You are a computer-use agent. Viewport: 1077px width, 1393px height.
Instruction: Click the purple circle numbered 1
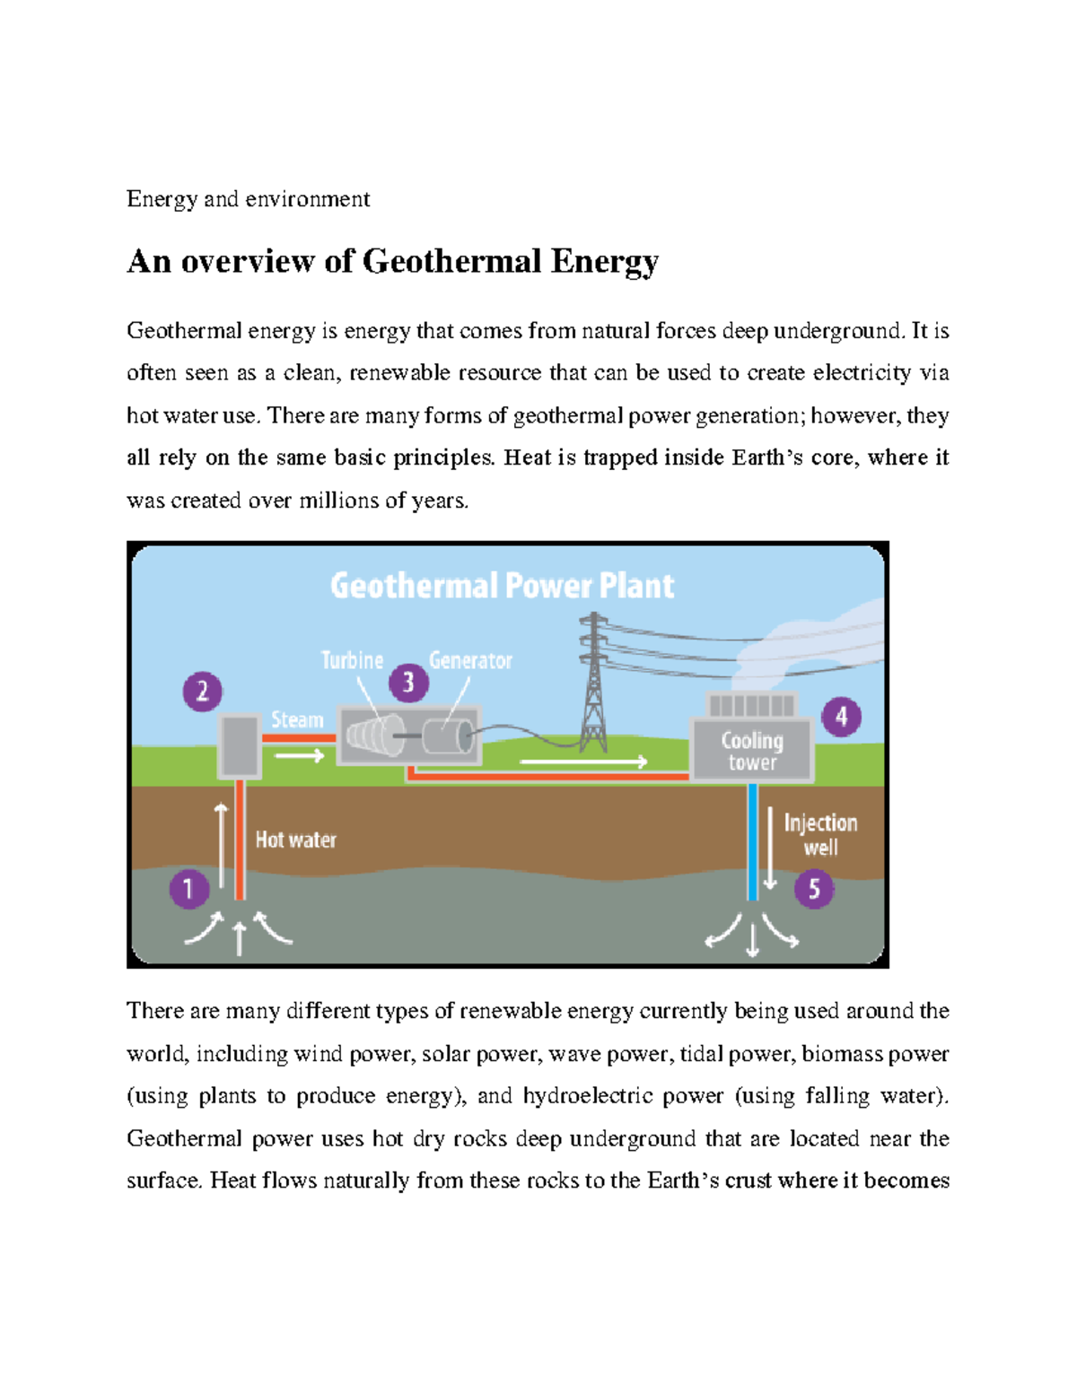click(x=188, y=889)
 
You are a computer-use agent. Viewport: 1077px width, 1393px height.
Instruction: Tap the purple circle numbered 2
click(x=203, y=692)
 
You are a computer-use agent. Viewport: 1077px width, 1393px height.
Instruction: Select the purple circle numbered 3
click(x=408, y=683)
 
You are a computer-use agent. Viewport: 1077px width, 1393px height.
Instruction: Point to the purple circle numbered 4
click(x=841, y=717)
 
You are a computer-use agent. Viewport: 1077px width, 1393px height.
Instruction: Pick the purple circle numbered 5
click(x=814, y=889)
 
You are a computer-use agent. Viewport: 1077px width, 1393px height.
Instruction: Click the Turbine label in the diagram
click(x=352, y=660)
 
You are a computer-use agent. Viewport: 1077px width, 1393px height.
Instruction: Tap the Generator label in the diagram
click(x=470, y=661)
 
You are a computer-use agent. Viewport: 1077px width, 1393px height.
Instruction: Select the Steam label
click(x=297, y=720)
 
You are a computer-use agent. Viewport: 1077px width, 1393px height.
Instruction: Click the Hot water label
click(x=295, y=840)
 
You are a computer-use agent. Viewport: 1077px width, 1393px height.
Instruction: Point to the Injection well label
click(x=820, y=835)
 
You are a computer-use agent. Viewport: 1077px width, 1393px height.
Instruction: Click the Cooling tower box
click(x=752, y=751)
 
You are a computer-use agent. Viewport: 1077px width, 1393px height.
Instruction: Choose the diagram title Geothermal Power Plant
click(x=502, y=586)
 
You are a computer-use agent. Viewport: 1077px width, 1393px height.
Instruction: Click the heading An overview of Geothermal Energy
click(x=393, y=261)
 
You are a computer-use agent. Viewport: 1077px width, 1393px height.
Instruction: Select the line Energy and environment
click(x=248, y=198)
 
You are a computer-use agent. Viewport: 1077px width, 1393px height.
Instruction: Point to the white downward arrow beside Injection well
click(x=770, y=848)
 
